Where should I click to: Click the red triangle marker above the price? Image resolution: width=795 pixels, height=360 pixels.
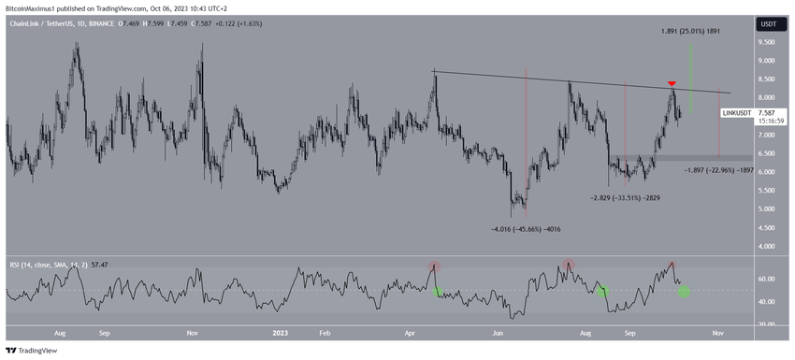(671, 83)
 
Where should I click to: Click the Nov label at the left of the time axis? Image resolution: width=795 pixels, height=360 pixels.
(192, 332)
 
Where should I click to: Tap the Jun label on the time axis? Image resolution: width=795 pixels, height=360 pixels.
(499, 332)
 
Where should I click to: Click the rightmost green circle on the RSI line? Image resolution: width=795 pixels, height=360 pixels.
(685, 292)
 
